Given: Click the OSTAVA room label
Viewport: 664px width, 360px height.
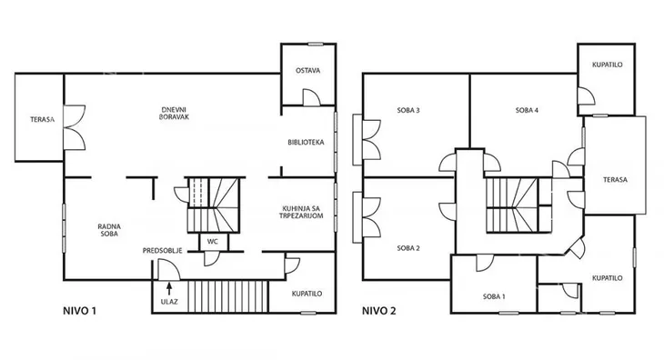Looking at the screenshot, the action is pyautogui.click(x=307, y=71).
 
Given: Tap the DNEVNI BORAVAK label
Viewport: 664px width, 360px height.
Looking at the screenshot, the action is pyautogui.click(x=174, y=114).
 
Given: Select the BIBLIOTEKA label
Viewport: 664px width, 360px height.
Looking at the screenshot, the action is pyautogui.click(x=306, y=143).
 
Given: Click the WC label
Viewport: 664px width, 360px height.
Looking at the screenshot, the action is pyautogui.click(x=213, y=242).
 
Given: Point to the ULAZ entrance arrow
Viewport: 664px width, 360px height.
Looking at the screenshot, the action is pyautogui.click(x=169, y=288).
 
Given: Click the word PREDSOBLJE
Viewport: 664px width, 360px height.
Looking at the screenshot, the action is pyautogui.click(x=163, y=251).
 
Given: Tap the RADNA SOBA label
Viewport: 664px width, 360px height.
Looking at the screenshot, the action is pyautogui.click(x=109, y=230).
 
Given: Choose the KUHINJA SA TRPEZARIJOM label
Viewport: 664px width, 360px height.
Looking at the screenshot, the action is pyautogui.click(x=301, y=213).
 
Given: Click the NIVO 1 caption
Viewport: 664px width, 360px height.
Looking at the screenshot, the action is pyautogui.click(x=80, y=311).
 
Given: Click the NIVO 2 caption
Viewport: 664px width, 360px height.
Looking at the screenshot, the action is pyautogui.click(x=379, y=311).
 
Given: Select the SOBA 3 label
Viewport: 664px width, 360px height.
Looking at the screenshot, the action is pyautogui.click(x=408, y=110).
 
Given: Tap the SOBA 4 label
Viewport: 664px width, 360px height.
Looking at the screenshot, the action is pyautogui.click(x=527, y=110).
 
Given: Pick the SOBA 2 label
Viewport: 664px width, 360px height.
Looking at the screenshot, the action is pyautogui.click(x=408, y=248).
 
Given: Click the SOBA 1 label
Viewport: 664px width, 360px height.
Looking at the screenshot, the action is pyautogui.click(x=494, y=297).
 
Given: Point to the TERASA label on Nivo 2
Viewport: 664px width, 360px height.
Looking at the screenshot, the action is pyautogui.click(x=615, y=180).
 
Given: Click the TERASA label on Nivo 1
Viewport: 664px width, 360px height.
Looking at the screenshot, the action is pyautogui.click(x=43, y=120).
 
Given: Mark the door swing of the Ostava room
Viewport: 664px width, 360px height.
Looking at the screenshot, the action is pyautogui.click(x=311, y=97).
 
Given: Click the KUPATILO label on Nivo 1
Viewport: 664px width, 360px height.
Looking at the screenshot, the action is pyautogui.click(x=307, y=294).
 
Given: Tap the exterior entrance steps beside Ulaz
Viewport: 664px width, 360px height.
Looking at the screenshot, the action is pyautogui.click(x=227, y=296).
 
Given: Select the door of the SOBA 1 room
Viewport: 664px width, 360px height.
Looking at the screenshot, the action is pyautogui.click(x=485, y=263).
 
